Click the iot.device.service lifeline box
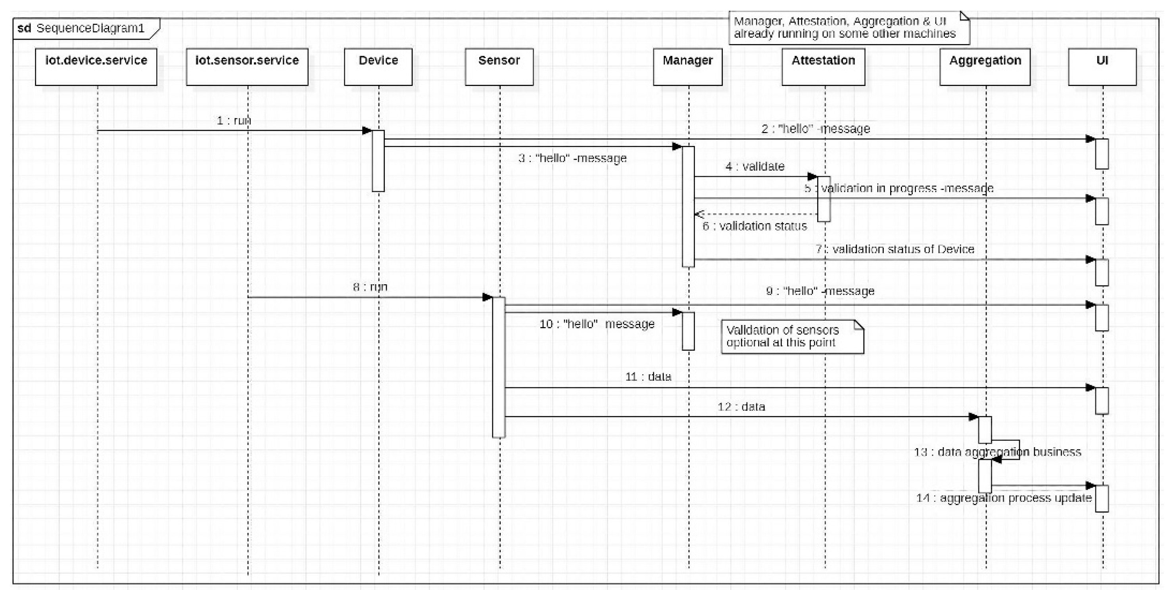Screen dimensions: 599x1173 [96, 67]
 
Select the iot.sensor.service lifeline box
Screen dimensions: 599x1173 [247, 67]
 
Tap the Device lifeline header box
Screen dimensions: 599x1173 [378, 67]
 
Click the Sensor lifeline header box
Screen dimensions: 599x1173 [499, 67]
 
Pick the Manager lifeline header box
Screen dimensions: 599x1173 [687, 67]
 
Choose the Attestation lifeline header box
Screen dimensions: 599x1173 [823, 67]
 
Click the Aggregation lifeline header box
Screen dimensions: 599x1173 [985, 67]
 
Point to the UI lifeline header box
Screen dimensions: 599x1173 [1102, 67]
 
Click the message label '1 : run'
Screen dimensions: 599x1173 [234, 121]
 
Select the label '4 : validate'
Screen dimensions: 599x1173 [755, 166]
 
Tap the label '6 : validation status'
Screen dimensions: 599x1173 [754, 226]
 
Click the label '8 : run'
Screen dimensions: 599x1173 [370, 287]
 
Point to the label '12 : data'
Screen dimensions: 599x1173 [741, 406]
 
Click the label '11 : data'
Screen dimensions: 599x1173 [648, 377]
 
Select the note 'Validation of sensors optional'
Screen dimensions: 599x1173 [792, 337]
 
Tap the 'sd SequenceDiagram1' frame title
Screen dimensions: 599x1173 [82, 29]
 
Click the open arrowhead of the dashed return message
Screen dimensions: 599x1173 [699, 214]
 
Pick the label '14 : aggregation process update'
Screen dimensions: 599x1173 [1004, 498]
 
